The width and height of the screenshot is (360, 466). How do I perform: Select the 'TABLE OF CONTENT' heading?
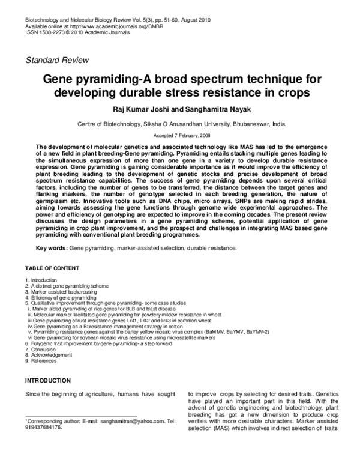[54, 267]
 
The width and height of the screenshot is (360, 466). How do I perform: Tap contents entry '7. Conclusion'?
[42, 349]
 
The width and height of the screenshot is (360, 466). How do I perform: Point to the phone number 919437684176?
[43, 428]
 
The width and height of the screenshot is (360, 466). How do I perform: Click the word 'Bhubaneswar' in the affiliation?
[248, 124]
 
